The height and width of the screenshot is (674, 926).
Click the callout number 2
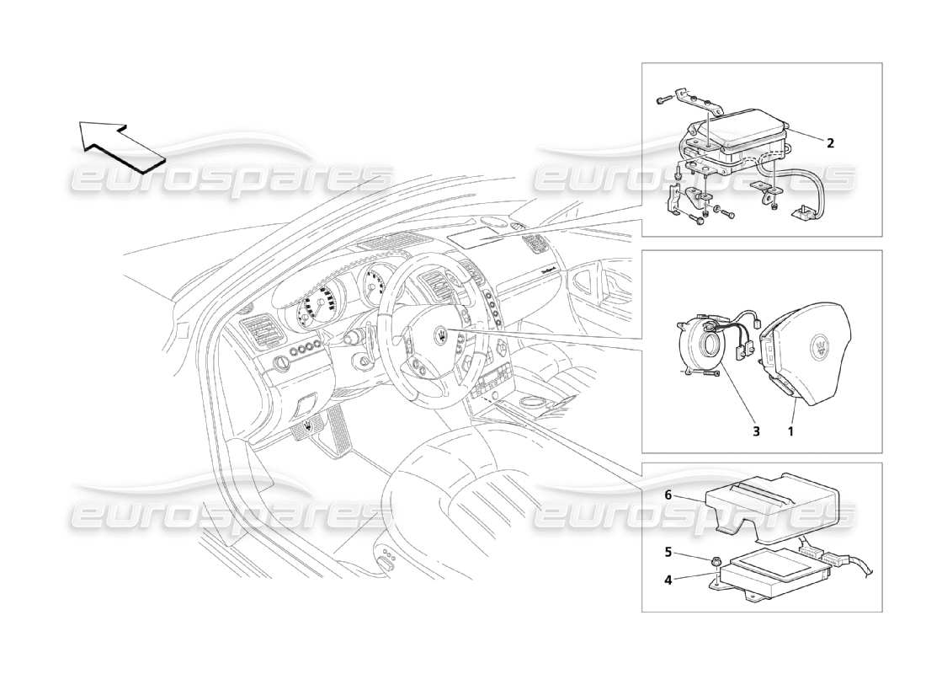[x=830, y=143]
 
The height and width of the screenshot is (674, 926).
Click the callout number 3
[x=756, y=432]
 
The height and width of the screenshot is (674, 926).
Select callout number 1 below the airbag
[x=790, y=432]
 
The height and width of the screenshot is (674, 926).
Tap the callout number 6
[x=668, y=496]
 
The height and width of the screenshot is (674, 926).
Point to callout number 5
[x=668, y=554]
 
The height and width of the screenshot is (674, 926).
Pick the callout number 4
[x=668, y=579]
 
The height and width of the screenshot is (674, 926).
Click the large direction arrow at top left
[x=121, y=144]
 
